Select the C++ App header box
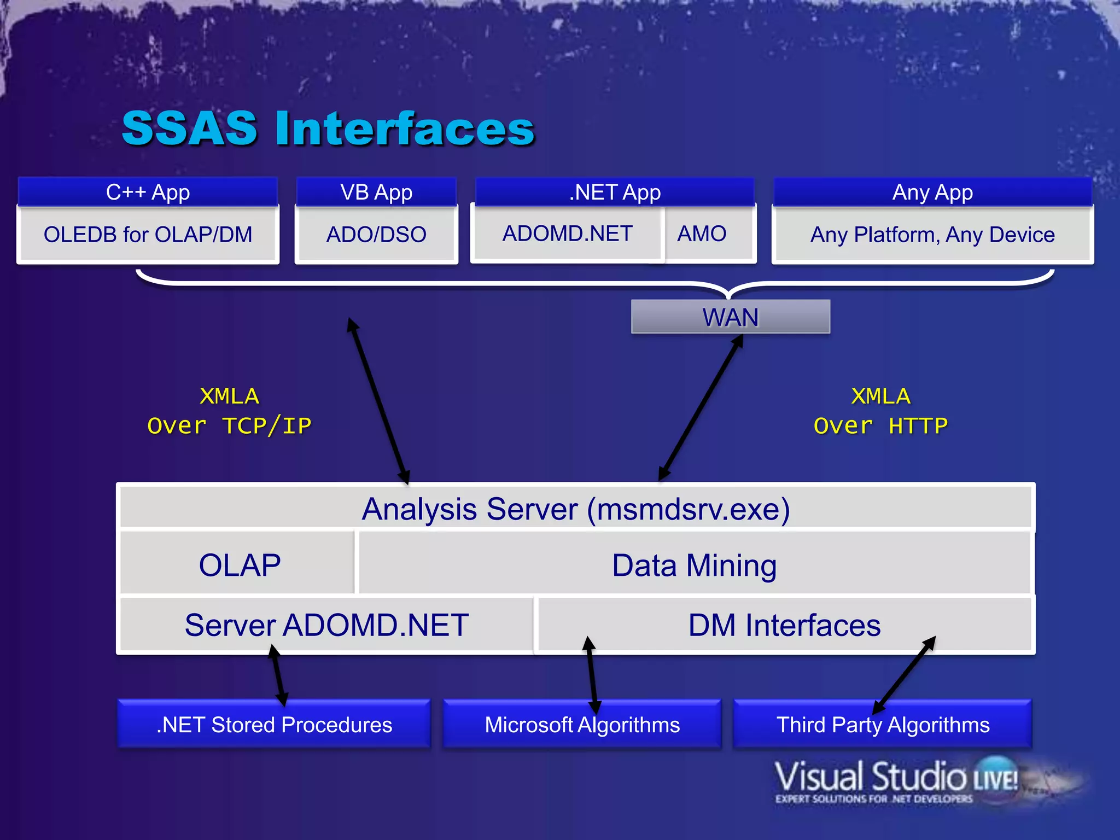coord(148,192)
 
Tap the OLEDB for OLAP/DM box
coord(148,235)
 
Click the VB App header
coord(376,192)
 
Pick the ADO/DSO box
coord(376,235)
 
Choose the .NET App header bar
coord(615,192)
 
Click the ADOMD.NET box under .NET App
coord(568,234)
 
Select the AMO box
coord(702,234)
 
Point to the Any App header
coord(932,192)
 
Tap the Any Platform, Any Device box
coord(932,235)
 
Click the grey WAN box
coord(731,317)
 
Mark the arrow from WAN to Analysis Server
coord(701,407)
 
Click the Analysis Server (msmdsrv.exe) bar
coord(576,509)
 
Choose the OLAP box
coord(240,565)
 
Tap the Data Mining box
coord(694,565)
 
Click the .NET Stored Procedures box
coord(274,725)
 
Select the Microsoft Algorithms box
coord(582,725)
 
